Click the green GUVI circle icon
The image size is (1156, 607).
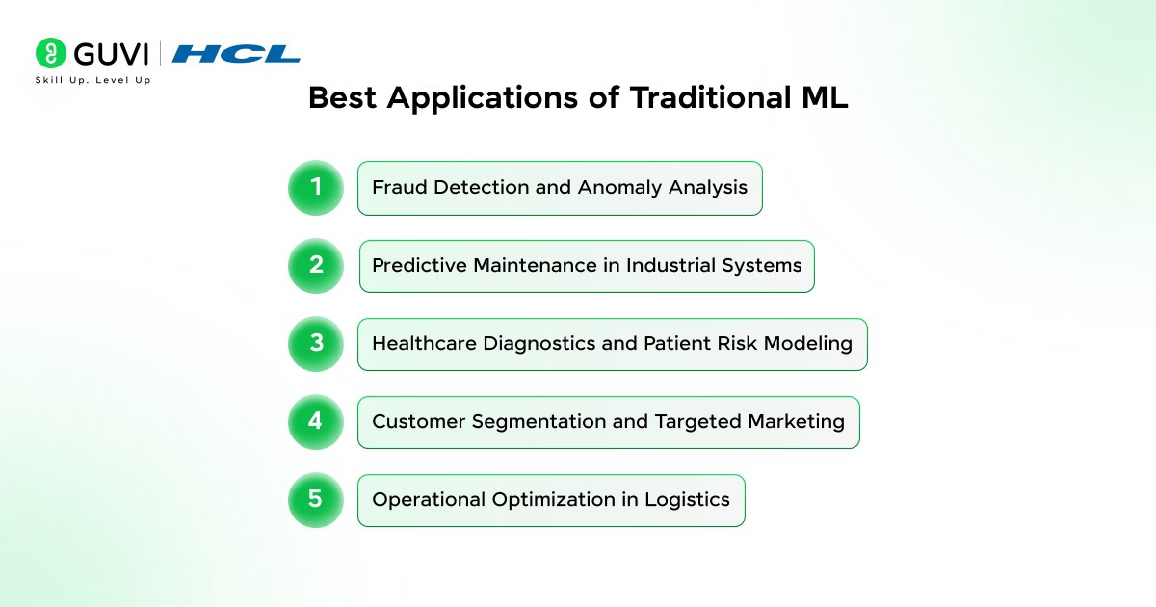click(x=50, y=53)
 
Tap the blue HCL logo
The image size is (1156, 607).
click(x=236, y=54)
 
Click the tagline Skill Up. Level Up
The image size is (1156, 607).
click(x=92, y=80)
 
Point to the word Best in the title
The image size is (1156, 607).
click(x=342, y=97)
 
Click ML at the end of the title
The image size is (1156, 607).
click(x=825, y=97)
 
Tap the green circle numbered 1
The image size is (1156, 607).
click(x=316, y=188)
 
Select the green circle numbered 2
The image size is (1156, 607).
click(x=316, y=266)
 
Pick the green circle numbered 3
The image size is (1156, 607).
click(x=316, y=344)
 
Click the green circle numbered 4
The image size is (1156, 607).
click(x=316, y=422)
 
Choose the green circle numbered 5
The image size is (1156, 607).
click(x=316, y=500)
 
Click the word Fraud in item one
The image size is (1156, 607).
click(x=400, y=187)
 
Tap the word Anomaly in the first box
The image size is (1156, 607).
click(x=619, y=188)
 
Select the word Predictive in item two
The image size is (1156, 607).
click(x=420, y=265)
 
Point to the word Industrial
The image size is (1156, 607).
click(x=670, y=265)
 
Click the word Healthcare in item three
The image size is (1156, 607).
click(x=424, y=343)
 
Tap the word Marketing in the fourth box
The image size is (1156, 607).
click(x=797, y=422)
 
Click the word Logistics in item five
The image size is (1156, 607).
click(x=687, y=500)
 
